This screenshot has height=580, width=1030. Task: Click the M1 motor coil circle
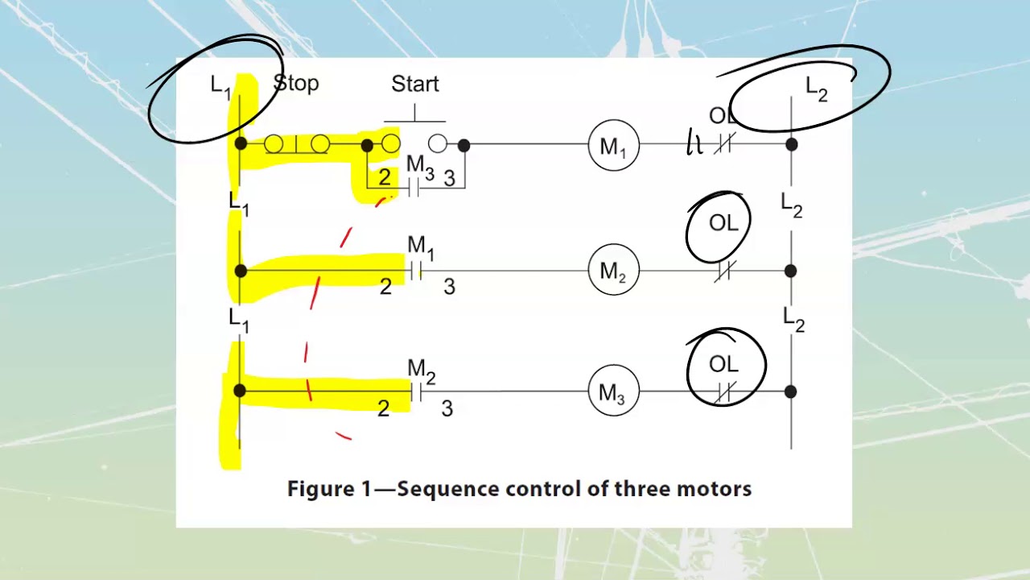(x=613, y=146)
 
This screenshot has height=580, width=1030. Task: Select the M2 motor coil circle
(x=613, y=271)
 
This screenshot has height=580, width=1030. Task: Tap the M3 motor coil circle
(x=613, y=392)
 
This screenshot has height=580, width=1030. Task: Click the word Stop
(x=296, y=83)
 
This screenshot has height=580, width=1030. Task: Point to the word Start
(x=415, y=84)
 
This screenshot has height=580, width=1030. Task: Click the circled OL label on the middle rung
(x=723, y=223)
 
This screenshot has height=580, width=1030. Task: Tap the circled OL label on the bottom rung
(x=723, y=364)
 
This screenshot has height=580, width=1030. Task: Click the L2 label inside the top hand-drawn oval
(x=816, y=89)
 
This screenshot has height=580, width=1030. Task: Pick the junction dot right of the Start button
(x=463, y=145)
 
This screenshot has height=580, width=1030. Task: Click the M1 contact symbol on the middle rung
(x=416, y=271)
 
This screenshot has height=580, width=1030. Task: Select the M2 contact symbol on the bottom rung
(x=416, y=392)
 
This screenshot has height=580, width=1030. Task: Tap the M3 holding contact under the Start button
(x=414, y=188)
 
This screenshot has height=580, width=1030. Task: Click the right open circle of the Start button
(x=438, y=144)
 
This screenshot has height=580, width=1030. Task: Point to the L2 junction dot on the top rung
(x=791, y=145)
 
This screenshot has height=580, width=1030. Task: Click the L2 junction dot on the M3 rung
(x=791, y=391)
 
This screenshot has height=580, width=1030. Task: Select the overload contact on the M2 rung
(x=723, y=272)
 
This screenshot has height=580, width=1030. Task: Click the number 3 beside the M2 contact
(x=447, y=408)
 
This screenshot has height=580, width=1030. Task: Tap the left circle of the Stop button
(x=274, y=144)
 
